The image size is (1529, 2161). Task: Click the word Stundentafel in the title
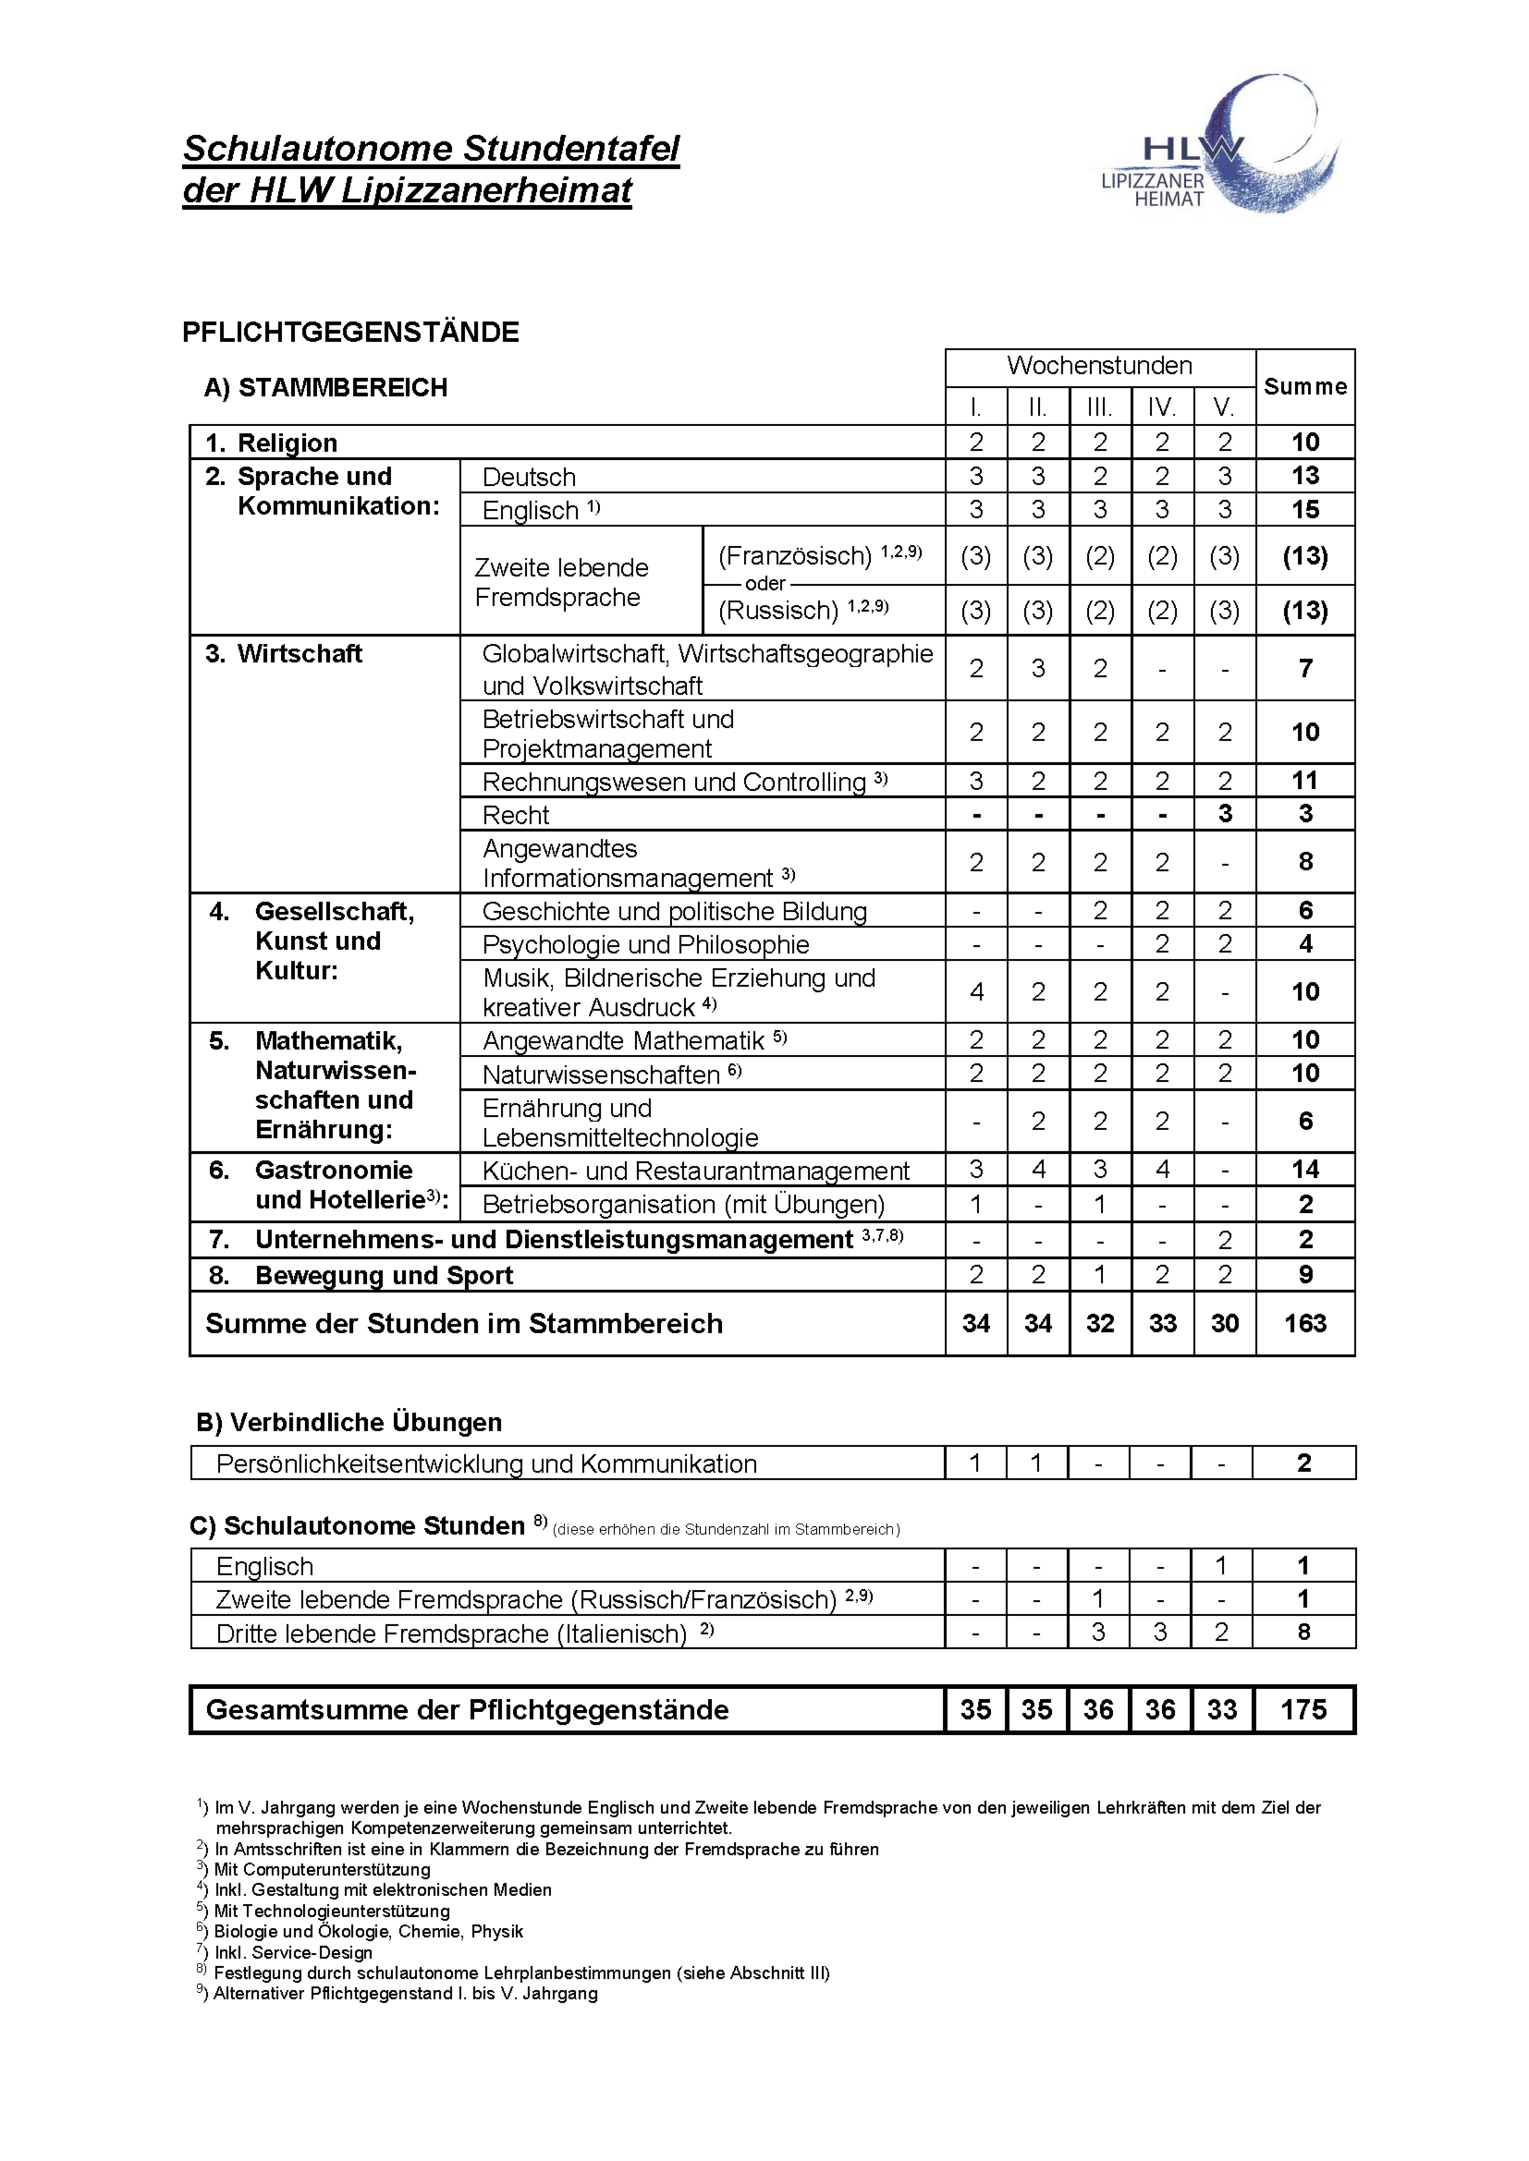571,149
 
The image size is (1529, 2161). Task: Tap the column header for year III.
1100,407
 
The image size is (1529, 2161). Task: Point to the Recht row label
516,814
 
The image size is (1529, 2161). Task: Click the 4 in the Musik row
977,991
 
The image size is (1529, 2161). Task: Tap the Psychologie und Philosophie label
646,944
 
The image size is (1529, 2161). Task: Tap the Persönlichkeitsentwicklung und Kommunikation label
486,1464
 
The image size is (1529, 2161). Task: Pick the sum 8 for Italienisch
1304,1633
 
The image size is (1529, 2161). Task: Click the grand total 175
1304,1709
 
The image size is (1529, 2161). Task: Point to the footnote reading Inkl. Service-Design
293,1952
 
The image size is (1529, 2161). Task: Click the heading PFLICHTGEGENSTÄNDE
350,332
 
